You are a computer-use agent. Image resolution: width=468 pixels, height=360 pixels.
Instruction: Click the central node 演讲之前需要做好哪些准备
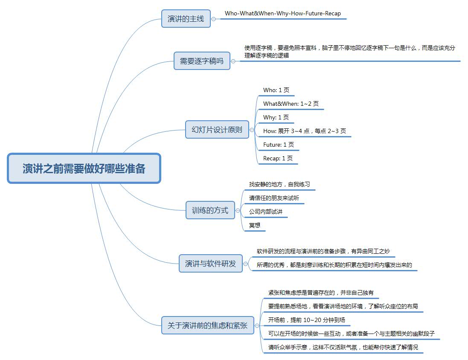click(84, 168)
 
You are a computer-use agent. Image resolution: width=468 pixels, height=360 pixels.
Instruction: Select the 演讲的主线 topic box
click(186, 19)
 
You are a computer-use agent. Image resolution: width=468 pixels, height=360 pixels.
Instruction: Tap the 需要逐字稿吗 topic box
click(202, 61)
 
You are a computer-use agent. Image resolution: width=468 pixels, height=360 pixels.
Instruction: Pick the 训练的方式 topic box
click(210, 210)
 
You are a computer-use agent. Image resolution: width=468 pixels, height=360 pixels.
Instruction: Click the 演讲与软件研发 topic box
click(211, 263)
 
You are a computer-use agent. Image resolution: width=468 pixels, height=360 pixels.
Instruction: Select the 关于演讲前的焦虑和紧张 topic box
click(208, 325)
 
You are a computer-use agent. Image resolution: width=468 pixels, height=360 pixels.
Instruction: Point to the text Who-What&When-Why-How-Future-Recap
click(283, 14)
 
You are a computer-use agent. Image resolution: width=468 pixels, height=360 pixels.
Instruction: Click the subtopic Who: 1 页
click(276, 90)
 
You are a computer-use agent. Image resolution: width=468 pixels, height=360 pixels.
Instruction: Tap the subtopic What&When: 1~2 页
click(291, 104)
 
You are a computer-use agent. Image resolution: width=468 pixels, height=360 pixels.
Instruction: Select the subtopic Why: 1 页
click(276, 117)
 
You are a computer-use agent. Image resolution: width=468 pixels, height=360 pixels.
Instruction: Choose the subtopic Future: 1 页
click(279, 145)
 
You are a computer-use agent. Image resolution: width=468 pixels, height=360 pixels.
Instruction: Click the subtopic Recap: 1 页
click(278, 158)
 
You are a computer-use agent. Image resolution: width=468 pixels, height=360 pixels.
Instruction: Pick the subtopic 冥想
click(255, 225)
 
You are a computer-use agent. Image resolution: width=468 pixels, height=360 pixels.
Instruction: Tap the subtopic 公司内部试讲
click(266, 212)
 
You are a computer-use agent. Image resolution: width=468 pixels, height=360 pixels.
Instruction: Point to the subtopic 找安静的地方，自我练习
click(279, 184)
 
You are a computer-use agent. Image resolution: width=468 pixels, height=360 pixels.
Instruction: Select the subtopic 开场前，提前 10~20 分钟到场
click(306, 320)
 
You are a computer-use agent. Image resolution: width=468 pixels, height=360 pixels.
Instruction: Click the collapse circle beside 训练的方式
click(238, 210)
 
